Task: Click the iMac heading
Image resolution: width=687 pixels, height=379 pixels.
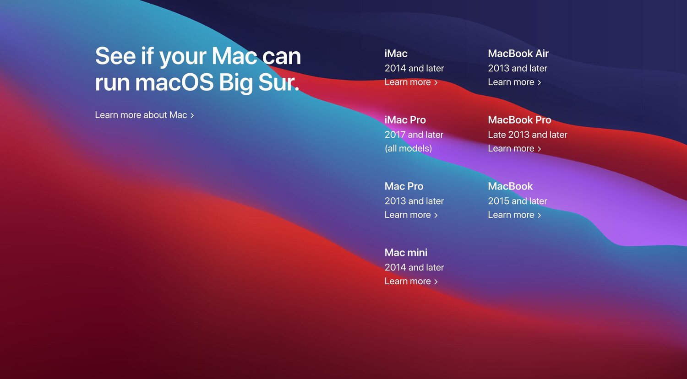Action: tap(396, 54)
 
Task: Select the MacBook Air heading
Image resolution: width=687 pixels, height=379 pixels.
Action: tap(518, 54)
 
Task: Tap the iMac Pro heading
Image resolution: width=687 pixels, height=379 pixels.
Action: tap(405, 120)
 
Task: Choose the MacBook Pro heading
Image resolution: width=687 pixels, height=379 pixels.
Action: tap(519, 120)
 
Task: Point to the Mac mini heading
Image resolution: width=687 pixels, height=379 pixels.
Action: tap(406, 253)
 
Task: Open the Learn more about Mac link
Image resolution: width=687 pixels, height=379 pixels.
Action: tap(144, 115)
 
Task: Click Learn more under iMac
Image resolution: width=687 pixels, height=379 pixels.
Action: tap(411, 82)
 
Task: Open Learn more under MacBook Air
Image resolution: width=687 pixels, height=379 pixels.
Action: tap(515, 82)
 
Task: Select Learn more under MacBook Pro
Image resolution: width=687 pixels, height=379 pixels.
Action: tap(515, 148)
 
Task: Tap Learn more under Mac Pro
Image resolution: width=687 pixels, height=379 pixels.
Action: tap(411, 215)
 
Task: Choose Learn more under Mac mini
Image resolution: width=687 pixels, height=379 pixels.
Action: tap(411, 281)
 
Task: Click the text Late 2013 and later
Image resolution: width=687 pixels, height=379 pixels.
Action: tap(528, 135)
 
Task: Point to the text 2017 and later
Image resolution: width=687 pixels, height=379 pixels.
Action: tap(414, 135)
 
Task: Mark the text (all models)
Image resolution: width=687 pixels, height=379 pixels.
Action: tap(408, 149)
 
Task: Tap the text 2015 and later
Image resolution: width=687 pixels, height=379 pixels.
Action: tap(518, 201)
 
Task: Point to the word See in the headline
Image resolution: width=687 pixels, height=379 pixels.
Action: tap(115, 56)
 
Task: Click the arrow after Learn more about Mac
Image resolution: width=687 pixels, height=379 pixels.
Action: tap(192, 116)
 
